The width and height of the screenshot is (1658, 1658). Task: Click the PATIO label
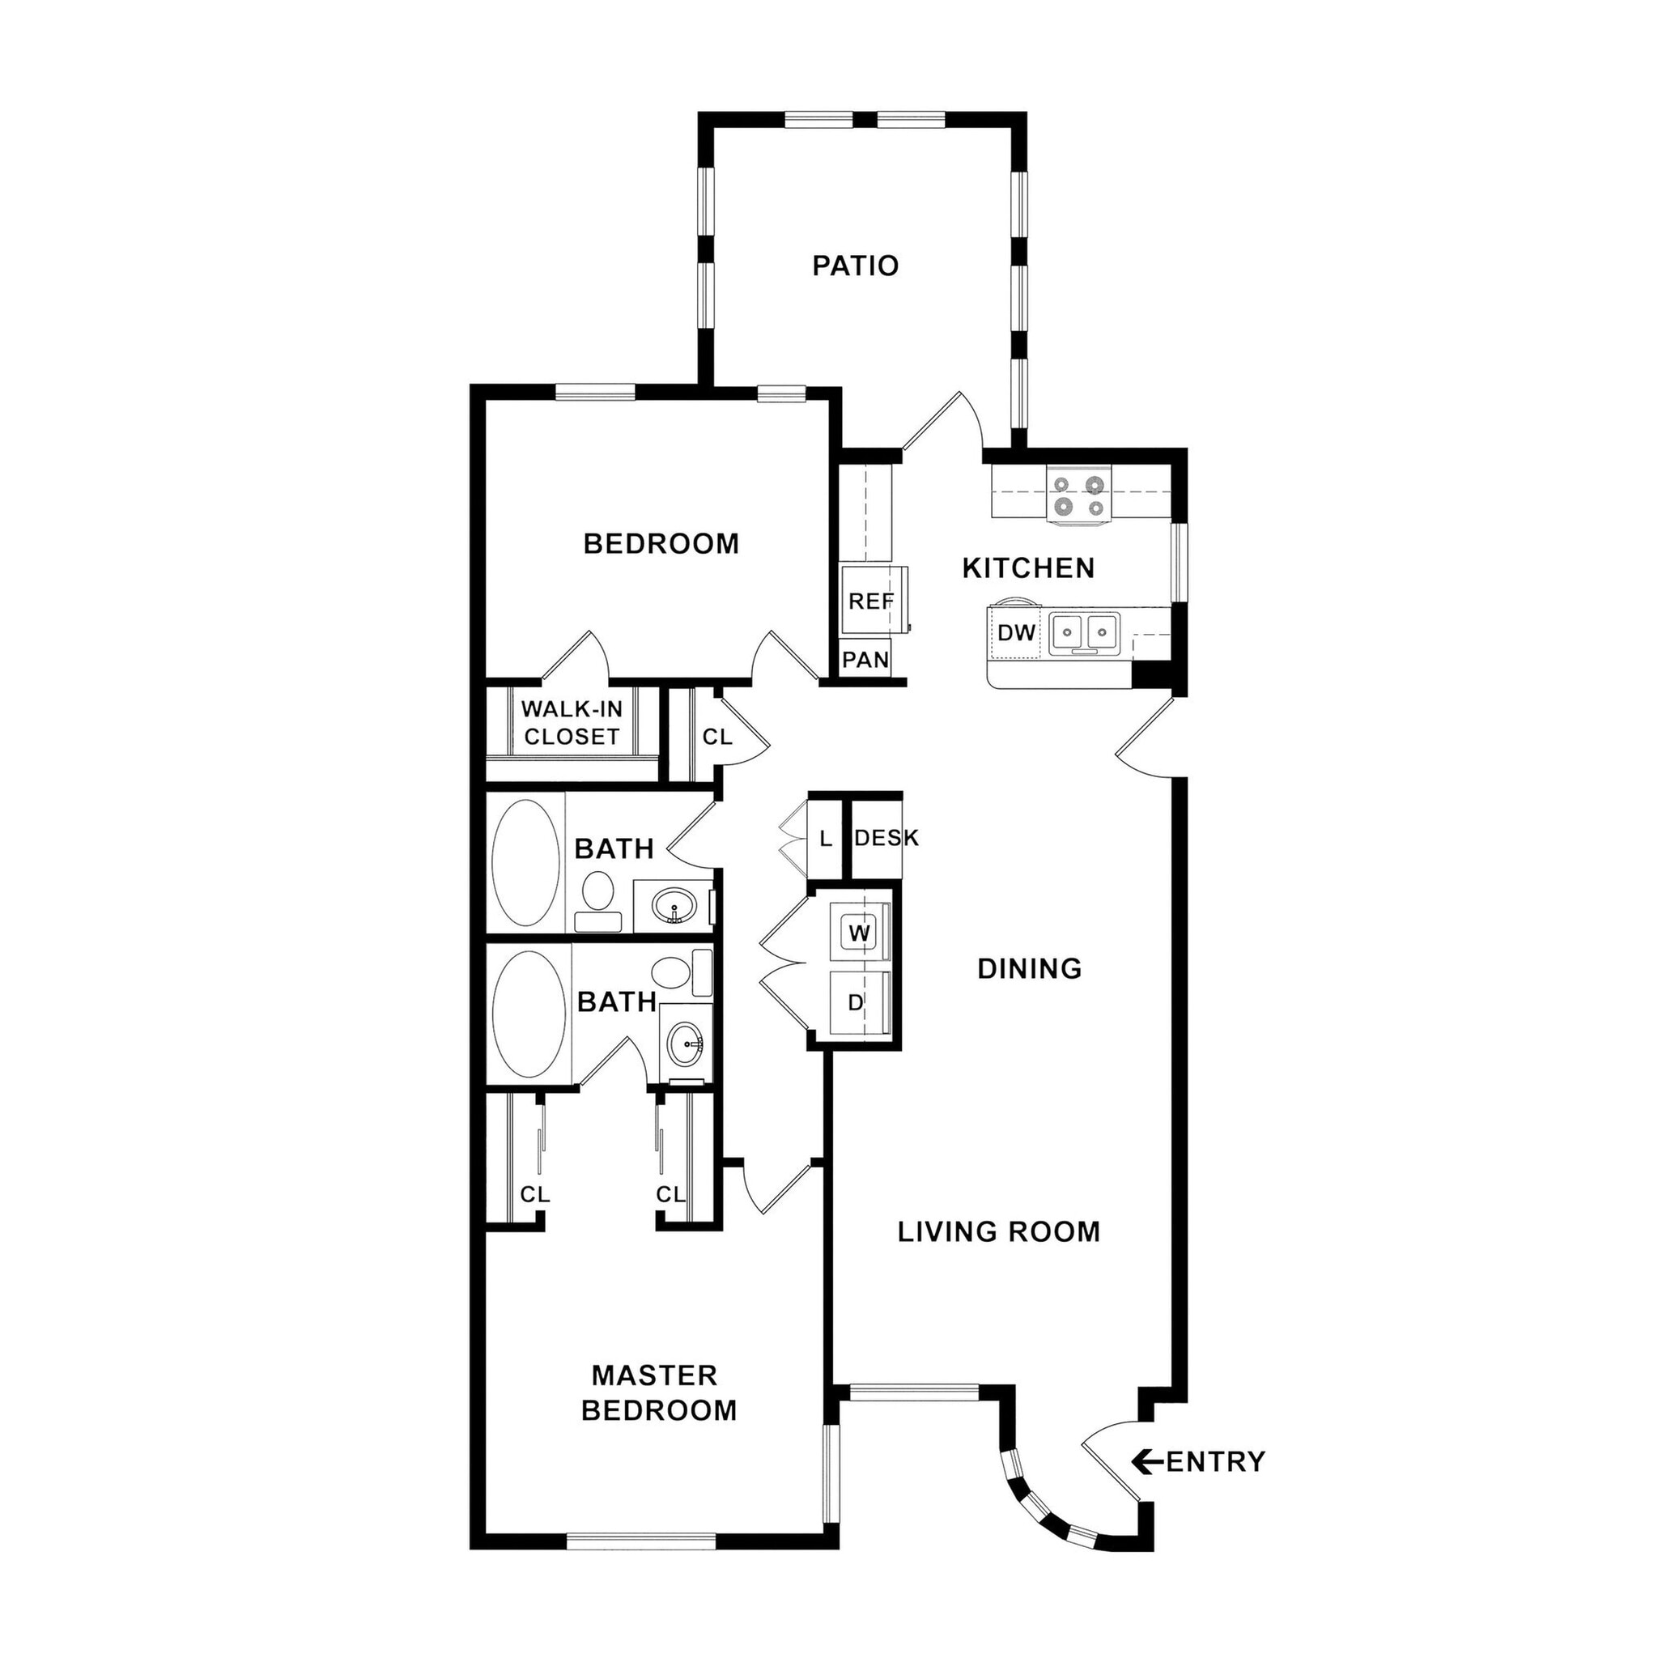855,266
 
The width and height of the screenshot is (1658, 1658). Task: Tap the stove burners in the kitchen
1078,496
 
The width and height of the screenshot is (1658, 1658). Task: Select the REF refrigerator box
870,601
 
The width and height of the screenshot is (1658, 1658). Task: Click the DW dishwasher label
1016,633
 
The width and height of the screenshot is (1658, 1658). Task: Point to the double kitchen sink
1084,633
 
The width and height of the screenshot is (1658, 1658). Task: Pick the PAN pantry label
865,660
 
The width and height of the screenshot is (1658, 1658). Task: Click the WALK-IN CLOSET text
572,723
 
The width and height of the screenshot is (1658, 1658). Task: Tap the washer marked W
859,933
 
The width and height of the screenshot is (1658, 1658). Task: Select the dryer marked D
856,1002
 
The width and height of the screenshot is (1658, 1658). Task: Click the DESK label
886,838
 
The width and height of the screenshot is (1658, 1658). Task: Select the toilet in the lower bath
674,971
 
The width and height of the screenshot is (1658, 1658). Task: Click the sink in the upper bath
674,905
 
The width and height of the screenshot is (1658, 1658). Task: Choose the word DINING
1029,969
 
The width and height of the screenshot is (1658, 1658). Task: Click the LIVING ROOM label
998,1232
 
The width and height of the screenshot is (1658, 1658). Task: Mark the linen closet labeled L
826,839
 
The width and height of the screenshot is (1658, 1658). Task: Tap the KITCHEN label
1027,568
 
